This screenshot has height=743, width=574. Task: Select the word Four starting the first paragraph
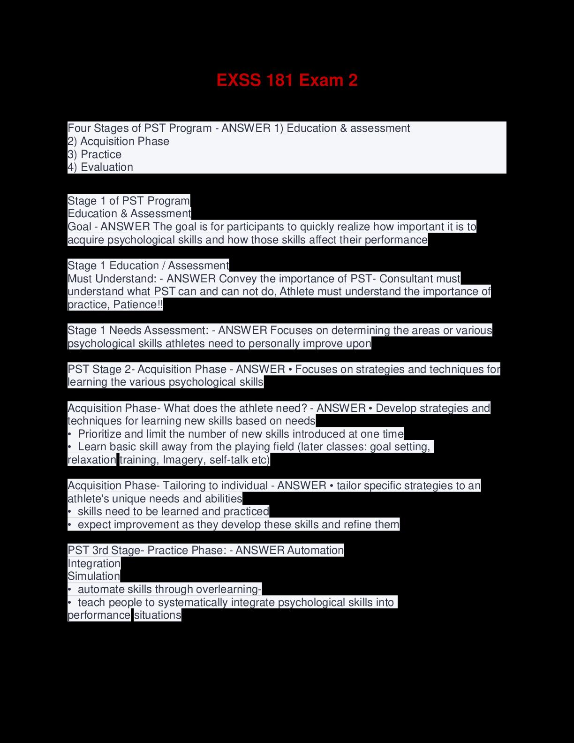[x=79, y=128]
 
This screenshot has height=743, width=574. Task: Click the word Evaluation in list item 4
[x=107, y=167]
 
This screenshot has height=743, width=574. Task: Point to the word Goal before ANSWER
[x=79, y=227]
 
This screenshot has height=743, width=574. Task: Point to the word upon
[x=359, y=343]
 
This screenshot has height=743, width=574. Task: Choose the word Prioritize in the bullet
[x=100, y=434]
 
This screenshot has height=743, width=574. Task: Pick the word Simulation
[x=94, y=576]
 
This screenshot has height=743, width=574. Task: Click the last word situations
[x=158, y=615]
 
